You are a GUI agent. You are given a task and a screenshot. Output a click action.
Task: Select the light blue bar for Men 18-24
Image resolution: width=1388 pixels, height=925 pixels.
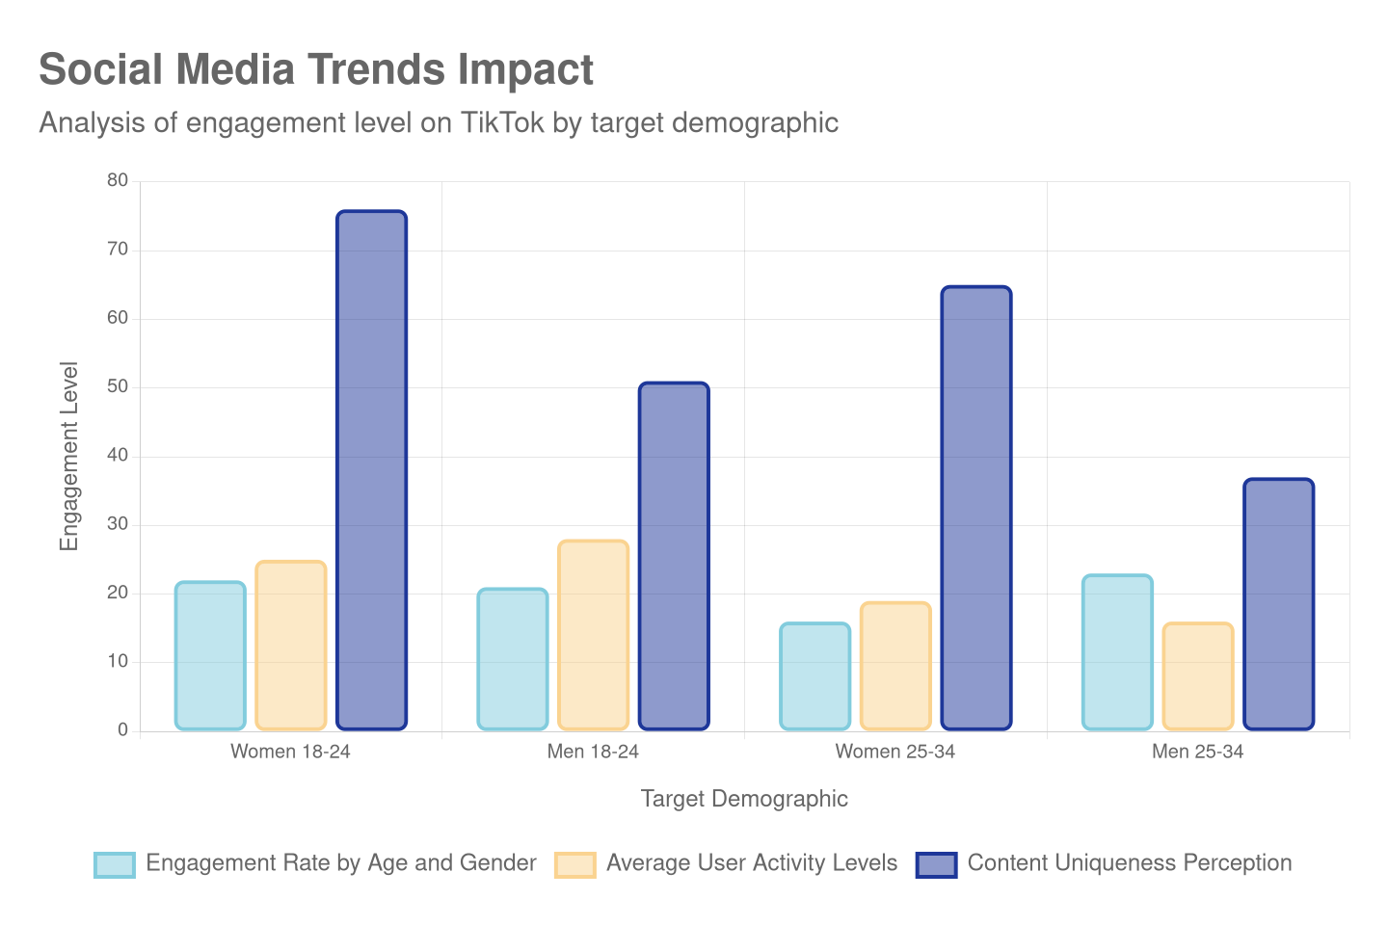click(x=512, y=659)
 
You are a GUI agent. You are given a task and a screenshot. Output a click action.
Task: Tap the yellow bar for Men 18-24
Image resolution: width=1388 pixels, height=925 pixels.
click(x=593, y=635)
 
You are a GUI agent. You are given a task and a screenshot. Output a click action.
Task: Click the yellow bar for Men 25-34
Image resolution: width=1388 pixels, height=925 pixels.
click(x=1197, y=676)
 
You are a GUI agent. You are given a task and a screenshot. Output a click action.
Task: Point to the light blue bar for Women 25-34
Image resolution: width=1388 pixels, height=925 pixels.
click(x=814, y=676)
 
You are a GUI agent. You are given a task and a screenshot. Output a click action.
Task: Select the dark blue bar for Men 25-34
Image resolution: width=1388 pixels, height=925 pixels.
click(x=1278, y=604)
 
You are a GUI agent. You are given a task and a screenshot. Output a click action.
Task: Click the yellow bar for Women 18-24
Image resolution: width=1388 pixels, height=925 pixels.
click(x=290, y=645)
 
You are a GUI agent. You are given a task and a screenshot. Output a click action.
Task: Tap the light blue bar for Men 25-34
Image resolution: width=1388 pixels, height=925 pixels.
click(x=1116, y=652)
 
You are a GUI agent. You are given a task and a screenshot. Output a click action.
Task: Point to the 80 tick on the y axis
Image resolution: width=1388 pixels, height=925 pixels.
click(x=118, y=180)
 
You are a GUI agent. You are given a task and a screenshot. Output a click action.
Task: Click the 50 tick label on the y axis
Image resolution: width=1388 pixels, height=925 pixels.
click(x=118, y=386)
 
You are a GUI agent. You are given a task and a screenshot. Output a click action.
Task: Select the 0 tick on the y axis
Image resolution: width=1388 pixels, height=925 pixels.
click(x=122, y=729)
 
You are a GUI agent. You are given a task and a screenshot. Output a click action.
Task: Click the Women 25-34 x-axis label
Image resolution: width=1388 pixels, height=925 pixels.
click(x=894, y=752)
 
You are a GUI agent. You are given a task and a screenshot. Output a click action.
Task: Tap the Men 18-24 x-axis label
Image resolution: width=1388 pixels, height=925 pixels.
click(x=593, y=752)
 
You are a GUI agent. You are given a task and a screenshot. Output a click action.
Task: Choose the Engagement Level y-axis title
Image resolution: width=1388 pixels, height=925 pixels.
click(x=68, y=456)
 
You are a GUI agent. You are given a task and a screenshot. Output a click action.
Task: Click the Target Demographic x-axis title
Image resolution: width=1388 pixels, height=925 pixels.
click(x=744, y=799)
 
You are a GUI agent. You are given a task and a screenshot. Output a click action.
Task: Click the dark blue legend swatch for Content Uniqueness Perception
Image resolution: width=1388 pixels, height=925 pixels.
click(x=936, y=864)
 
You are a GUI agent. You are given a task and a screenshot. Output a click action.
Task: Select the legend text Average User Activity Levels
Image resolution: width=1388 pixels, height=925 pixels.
click(x=751, y=863)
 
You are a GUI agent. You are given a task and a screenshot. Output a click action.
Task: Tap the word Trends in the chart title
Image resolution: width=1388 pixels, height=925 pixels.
click(x=376, y=69)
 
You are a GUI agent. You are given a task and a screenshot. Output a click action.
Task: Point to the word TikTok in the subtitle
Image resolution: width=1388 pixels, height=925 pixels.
click(x=501, y=123)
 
